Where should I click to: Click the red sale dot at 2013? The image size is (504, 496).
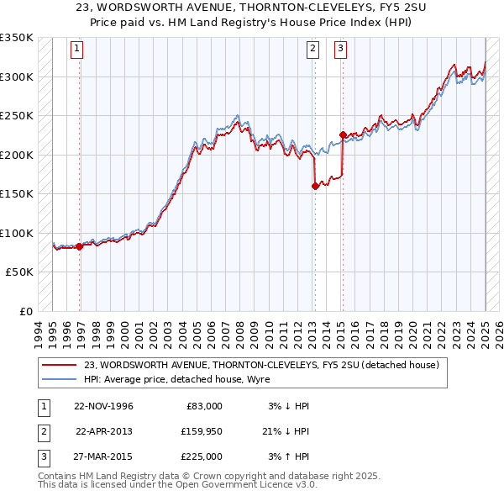pyautogui.click(x=315, y=187)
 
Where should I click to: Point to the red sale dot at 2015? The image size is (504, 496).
pyautogui.click(x=343, y=135)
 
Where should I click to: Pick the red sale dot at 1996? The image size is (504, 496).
pyautogui.click(x=80, y=246)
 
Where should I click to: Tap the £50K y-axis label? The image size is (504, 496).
pyautogui.click(x=20, y=272)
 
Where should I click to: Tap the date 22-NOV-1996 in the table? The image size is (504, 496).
pyautogui.click(x=104, y=406)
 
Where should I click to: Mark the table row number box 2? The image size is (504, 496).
pyautogui.click(x=43, y=431)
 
